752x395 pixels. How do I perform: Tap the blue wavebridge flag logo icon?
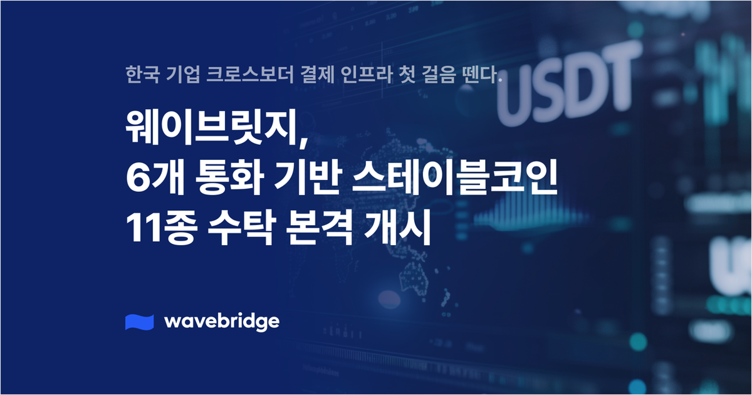[x=140, y=321]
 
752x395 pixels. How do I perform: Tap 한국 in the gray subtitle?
[x=138, y=76]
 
